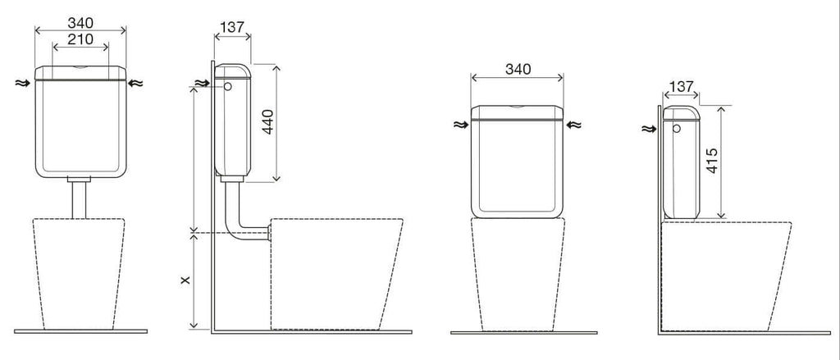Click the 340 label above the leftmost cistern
[x=80, y=23]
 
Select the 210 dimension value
[x=81, y=39]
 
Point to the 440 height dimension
[x=267, y=121]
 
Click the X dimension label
[x=185, y=280]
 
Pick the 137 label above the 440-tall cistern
[x=232, y=27]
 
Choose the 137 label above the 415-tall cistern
[x=682, y=86]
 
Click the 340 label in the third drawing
[x=518, y=69]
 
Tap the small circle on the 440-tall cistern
[x=228, y=86]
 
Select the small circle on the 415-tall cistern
[x=677, y=129]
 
